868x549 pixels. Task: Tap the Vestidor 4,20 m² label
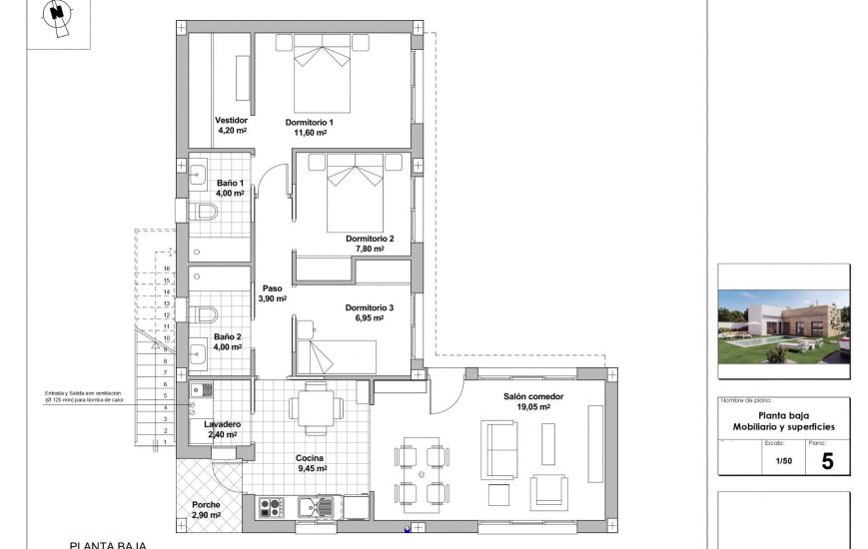pos(232,125)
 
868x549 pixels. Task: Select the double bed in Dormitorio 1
pos(323,74)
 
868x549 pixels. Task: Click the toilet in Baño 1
pos(204,212)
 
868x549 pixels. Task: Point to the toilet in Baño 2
pos(205,314)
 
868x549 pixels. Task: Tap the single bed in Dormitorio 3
pos(340,355)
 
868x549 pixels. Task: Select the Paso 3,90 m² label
pos(273,293)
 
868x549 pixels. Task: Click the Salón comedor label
pos(533,401)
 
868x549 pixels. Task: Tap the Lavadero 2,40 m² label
pos(223,429)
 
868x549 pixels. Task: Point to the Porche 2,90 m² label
pos(207,509)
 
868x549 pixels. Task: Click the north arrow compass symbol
pos(59,17)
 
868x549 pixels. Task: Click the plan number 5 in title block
pos(826,461)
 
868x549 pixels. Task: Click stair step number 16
pos(166,269)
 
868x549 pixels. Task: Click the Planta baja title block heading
pos(783,421)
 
